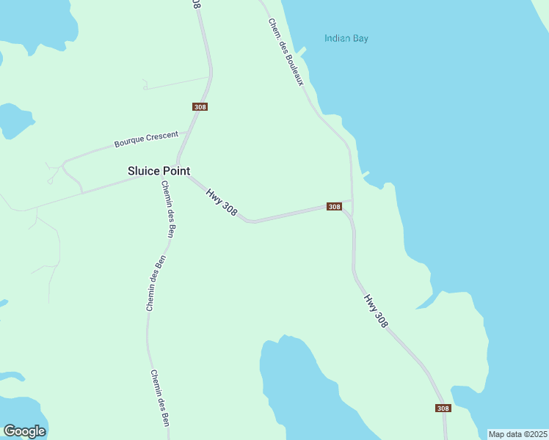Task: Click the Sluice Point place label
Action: pyautogui.click(x=159, y=171)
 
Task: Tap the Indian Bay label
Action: pyautogui.click(x=346, y=38)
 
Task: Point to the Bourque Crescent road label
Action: pyautogui.click(x=146, y=139)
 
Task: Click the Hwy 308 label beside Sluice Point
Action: pyautogui.click(x=222, y=202)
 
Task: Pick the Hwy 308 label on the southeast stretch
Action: pyautogui.click(x=376, y=311)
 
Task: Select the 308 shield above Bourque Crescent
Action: pyautogui.click(x=200, y=107)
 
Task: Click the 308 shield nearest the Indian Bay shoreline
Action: pyautogui.click(x=334, y=207)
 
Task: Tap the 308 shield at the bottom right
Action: pyautogui.click(x=443, y=408)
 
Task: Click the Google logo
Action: pyautogui.click(x=24, y=431)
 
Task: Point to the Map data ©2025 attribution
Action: pyautogui.click(x=518, y=434)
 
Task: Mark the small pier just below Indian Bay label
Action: pyautogui.click(x=302, y=53)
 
